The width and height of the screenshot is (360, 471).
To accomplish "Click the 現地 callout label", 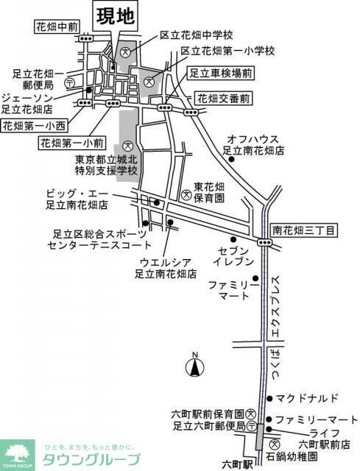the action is click(116, 15).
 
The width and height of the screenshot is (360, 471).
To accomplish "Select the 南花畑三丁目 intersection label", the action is click(303, 230).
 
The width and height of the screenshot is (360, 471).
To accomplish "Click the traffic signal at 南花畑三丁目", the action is click(264, 242).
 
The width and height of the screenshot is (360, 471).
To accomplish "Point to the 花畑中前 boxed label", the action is click(57, 27).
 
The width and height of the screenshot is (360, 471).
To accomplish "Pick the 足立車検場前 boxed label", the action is click(222, 74).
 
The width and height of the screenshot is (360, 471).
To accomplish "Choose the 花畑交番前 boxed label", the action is click(224, 99).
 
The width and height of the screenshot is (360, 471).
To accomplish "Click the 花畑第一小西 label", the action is click(35, 126).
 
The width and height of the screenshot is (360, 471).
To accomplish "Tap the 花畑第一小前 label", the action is click(72, 143).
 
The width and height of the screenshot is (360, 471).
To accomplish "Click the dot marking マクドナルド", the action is click(269, 399).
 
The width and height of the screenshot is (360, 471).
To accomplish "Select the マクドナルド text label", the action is click(307, 399).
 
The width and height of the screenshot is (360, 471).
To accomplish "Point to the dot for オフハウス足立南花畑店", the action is click(231, 160).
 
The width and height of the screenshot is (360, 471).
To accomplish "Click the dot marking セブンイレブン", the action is click(233, 239).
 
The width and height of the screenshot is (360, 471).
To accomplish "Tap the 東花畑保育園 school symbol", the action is click(187, 194).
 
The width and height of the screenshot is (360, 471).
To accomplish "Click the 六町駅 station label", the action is click(237, 465).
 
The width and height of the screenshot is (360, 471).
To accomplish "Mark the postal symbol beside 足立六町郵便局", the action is click(252, 425).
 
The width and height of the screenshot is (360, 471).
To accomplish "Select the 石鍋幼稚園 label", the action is click(292, 456).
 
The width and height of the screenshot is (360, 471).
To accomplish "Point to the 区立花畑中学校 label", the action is click(197, 35).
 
